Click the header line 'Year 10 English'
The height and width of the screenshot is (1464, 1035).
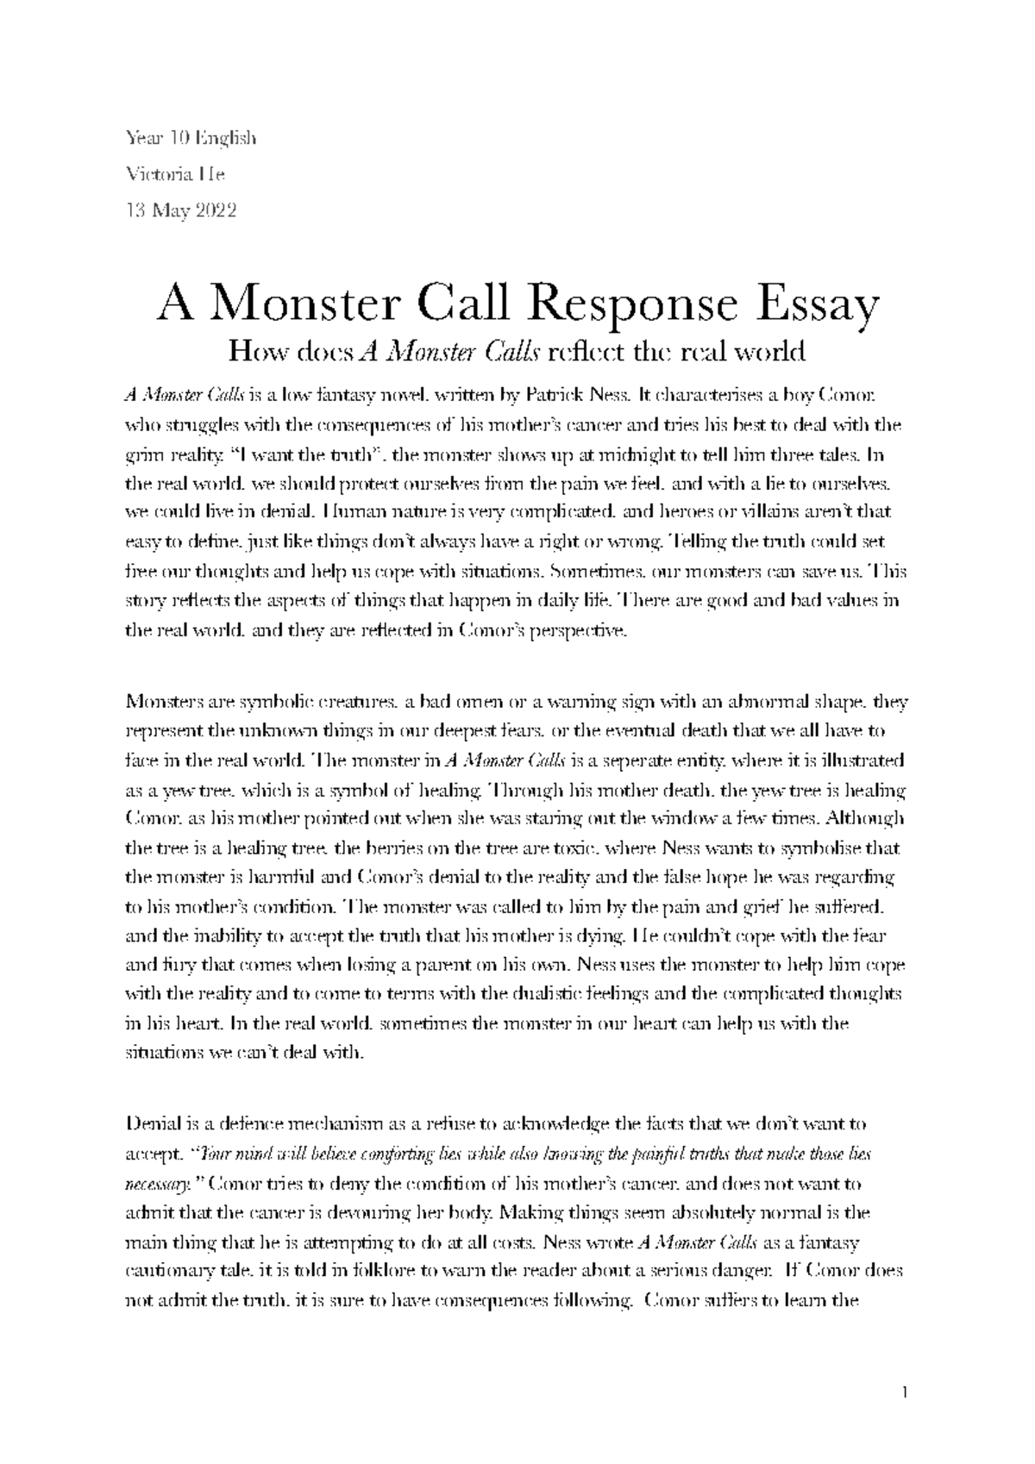pyautogui.click(x=191, y=138)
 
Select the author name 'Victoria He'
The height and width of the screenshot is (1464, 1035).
pyautogui.click(x=176, y=174)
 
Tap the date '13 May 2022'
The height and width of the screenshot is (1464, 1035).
pyautogui.click(x=181, y=210)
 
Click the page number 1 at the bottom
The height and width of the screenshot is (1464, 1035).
pyautogui.click(x=904, y=1392)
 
